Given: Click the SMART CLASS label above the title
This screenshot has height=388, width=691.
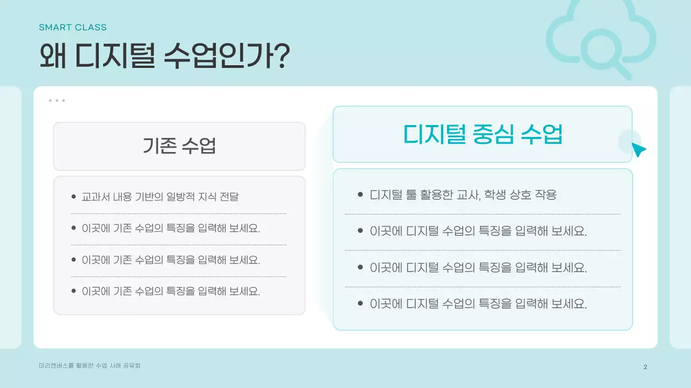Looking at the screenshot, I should coord(72,27).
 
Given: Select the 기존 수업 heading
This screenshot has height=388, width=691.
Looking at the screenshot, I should coord(179,145).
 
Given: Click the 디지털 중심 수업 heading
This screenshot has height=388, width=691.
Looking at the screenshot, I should coord(483,134).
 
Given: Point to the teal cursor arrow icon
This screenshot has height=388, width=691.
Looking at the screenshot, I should coord(638,150).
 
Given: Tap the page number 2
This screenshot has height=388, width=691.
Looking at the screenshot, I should coord(645,367).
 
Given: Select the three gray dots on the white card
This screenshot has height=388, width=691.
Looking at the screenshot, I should coord(57,100).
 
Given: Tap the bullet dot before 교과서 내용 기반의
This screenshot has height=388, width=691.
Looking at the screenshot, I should coord(73,196).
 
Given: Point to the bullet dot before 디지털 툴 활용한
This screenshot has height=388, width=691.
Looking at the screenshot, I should coord(360,194).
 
